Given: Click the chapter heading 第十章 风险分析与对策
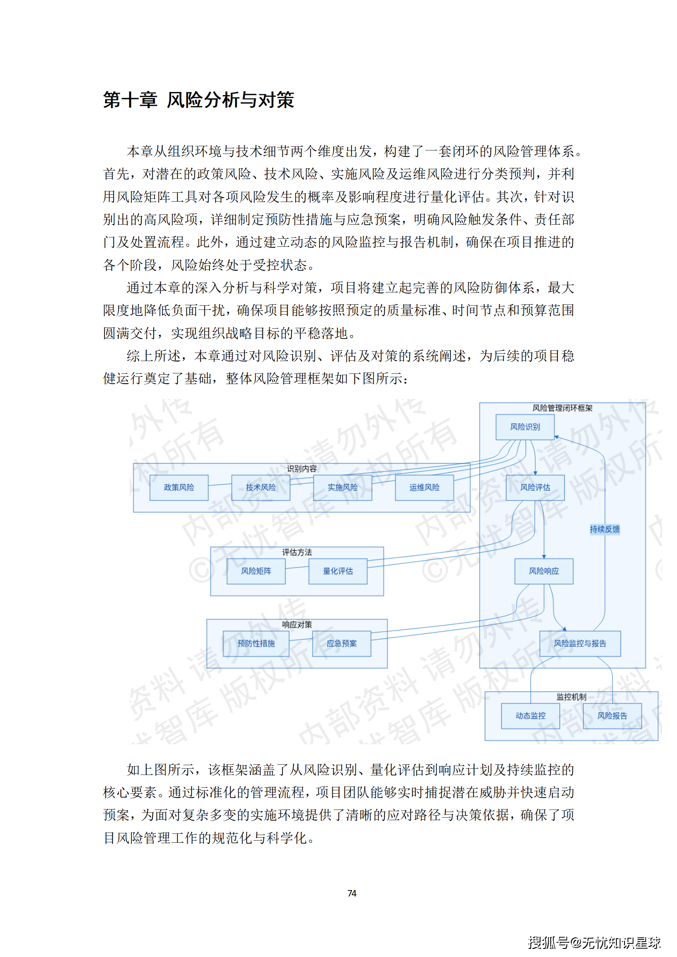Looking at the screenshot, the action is click(x=198, y=100).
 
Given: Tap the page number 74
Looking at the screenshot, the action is click(x=352, y=893).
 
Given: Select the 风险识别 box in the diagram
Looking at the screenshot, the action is click(x=525, y=427).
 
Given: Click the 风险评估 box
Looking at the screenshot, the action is click(x=535, y=487).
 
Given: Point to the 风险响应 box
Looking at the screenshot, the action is click(x=543, y=571).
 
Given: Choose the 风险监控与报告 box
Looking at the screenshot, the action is click(x=580, y=643).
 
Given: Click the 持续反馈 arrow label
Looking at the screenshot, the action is click(x=604, y=529).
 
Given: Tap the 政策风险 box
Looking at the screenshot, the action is click(x=179, y=487).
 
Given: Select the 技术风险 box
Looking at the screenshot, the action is click(x=261, y=487).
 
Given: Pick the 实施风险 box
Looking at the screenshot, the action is click(x=343, y=487).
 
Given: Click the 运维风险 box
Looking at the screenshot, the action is click(x=424, y=487).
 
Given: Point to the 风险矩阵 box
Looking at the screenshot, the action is click(x=256, y=571).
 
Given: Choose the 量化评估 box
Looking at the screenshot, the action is click(x=338, y=571).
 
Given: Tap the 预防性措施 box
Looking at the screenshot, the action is click(x=256, y=643).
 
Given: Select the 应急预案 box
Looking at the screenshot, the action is click(x=342, y=643).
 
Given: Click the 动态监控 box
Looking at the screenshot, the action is click(x=530, y=716).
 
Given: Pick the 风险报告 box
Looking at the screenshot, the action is click(x=612, y=716).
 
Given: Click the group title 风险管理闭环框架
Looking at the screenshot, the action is click(x=562, y=408).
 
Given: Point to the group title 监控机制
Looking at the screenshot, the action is click(x=571, y=697).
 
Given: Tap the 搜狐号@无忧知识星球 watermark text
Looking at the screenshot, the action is click(x=594, y=942).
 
